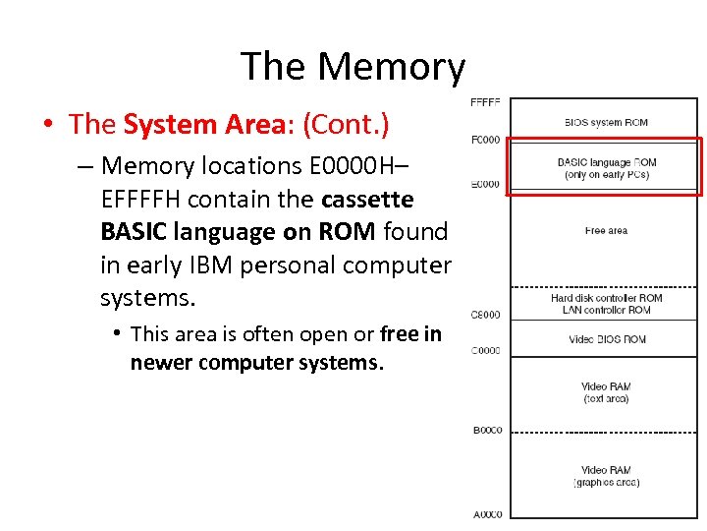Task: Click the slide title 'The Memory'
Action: tap(353, 67)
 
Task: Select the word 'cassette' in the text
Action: tap(367, 199)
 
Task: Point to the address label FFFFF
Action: tap(485, 101)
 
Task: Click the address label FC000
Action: tap(485, 139)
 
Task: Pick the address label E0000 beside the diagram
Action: tap(485, 184)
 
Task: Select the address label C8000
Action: tap(485, 315)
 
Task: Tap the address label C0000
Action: tap(485, 350)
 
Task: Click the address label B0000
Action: tap(486, 430)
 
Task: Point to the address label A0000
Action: tap(486, 514)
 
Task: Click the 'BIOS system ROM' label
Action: tap(606, 123)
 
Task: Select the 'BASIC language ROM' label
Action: tap(606, 163)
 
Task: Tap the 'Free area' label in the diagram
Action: tap(606, 231)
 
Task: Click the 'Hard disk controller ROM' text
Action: tap(606, 298)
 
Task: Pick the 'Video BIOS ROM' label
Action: tap(606, 340)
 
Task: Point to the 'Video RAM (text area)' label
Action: tap(606, 392)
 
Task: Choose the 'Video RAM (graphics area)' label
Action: tap(606, 476)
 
